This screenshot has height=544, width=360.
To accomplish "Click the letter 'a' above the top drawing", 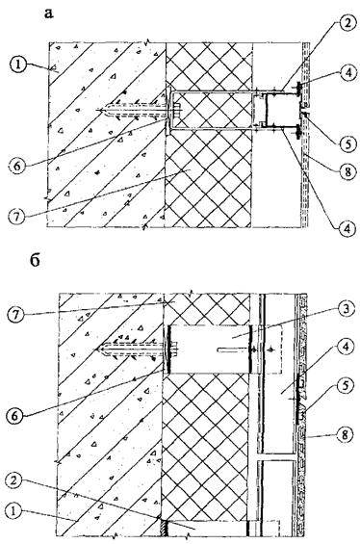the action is (x=49, y=13).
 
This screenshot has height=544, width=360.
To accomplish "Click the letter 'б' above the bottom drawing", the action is (x=35, y=261).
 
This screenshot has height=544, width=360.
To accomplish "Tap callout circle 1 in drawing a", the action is (x=17, y=65).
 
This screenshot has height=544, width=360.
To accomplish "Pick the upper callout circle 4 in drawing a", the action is (x=347, y=72).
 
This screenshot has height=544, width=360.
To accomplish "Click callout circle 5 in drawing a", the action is (x=347, y=143).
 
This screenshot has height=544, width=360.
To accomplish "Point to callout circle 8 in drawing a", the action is (x=347, y=172).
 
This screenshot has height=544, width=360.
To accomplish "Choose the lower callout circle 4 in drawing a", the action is (x=347, y=228).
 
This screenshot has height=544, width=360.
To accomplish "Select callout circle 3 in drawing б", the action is (x=346, y=310).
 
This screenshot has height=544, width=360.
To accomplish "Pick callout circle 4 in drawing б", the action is (x=346, y=347).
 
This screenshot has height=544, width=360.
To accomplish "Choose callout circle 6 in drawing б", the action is (x=14, y=416).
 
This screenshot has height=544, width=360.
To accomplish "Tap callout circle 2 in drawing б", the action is (x=15, y=482).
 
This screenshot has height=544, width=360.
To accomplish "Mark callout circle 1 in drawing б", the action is (x=14, y=511).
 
